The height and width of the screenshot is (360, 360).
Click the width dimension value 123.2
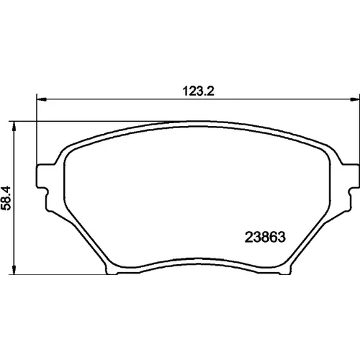198,91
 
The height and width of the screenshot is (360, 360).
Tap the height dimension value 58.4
6,198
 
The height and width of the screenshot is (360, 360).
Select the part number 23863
265,237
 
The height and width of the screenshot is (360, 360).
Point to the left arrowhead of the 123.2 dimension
41,99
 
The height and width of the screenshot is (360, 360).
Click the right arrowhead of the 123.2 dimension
354,99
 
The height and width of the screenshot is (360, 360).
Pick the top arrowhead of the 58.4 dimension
14,126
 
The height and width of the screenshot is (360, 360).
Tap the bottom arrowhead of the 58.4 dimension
14,270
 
